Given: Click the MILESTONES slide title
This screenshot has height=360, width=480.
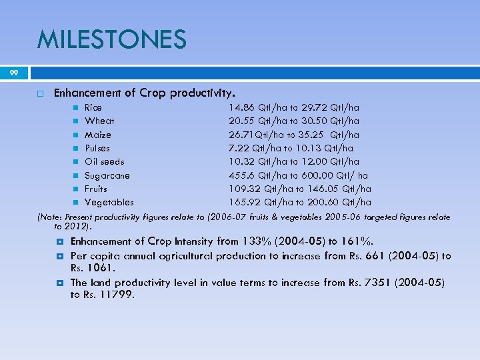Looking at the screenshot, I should coord(111,40).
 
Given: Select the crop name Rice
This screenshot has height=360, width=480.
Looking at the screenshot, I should coord(93,107).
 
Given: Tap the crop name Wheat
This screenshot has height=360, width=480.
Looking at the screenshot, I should coord(99,121).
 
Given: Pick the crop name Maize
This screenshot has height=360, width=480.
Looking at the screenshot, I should coord(98,135).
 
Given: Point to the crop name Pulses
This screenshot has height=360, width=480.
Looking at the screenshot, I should coord(97,148).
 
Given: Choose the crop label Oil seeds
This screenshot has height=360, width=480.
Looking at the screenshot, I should coord(105,161).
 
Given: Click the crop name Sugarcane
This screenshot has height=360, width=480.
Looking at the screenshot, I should coord(107,175).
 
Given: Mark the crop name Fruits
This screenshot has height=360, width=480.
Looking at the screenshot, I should coord(96,189).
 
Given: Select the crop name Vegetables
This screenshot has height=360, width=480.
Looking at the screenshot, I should coord(109,202).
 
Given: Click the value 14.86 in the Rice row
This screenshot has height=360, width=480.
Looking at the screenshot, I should coord(242,107).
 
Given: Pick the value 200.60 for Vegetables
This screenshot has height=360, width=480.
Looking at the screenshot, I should coord(323,202).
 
